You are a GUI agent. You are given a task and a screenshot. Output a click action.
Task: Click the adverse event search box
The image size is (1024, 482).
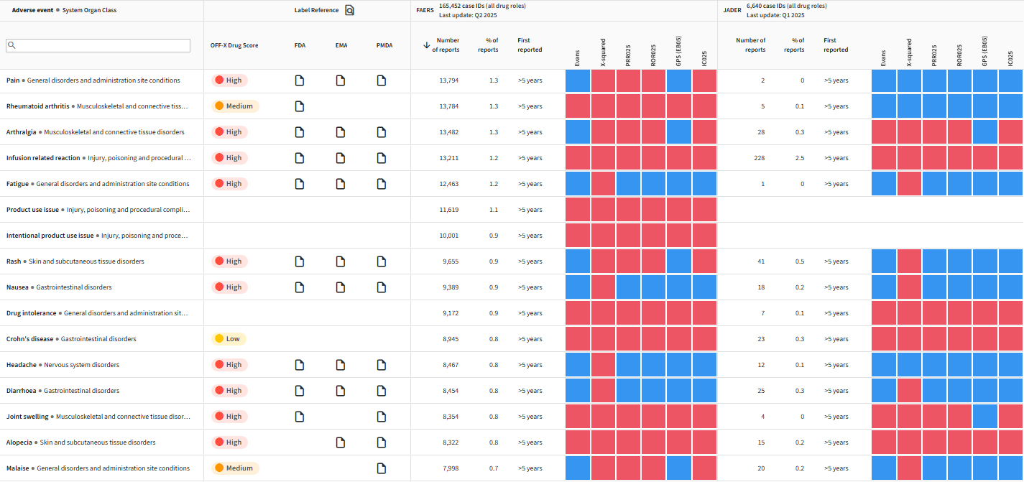click(x=98, y=45)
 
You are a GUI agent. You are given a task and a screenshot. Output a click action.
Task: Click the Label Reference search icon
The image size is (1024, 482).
click(x=350, y=10)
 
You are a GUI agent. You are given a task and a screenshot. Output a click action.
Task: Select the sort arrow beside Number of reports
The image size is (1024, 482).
click(x=427, y=45)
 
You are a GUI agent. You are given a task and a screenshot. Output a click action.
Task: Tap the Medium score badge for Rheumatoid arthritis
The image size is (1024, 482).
click(x=235, y=106)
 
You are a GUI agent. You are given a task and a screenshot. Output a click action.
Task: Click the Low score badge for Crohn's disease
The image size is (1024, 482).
click(x=229, y=339)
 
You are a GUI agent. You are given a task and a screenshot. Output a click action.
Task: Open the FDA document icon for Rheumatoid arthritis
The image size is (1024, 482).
click(x=300, y=106)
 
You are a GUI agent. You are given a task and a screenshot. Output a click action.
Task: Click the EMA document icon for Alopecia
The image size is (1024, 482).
click(x=341, y=442)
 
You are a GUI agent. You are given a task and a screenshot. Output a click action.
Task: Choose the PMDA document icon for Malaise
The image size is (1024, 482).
click(x=382, y=468)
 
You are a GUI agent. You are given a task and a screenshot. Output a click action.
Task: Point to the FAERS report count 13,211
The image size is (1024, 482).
click(x=449, y=158)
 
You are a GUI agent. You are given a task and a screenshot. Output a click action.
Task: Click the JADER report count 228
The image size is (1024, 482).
click(x=760, y=158)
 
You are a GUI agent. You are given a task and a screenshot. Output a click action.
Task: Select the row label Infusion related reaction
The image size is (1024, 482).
click(x=43, y=158)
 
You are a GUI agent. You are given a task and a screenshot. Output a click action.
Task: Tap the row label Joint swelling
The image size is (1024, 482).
click(x=27, y=417)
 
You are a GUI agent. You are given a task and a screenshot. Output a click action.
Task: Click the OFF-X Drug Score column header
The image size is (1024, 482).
click(x=234, y=45)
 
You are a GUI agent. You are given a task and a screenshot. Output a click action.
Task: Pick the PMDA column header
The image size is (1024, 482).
click(x=384, y=45)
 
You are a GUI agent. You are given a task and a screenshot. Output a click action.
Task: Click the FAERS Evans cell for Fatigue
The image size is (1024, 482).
click(x=578, y=184)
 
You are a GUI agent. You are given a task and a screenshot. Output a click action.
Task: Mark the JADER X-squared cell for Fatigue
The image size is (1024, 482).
click(x=909, y=184)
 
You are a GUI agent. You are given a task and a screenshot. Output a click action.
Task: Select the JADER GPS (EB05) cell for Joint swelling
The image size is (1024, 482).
click(x=984, y=417)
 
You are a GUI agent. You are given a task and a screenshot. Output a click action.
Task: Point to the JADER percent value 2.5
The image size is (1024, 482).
click(x=800, y=158)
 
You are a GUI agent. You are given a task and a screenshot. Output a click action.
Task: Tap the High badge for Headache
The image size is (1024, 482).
click(x=229, y=365)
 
